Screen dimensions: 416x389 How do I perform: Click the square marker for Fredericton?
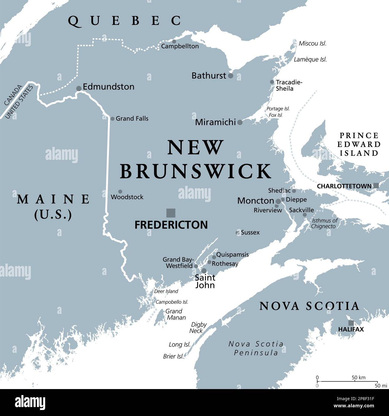pos(171,213)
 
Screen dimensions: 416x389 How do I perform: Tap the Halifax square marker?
pos(351,323)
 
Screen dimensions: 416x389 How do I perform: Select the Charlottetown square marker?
pos(376,186)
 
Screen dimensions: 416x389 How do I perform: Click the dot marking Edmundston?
pos(79,88)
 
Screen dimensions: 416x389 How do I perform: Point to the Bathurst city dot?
pos(230,76)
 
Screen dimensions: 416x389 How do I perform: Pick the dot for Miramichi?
pos(240,122)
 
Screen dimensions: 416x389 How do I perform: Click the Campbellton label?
pos(180,46)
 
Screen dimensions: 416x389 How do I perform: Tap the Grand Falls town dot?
pos(113,119)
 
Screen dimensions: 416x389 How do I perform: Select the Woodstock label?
pos(127,197)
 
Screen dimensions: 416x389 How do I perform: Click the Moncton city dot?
pos(278,201)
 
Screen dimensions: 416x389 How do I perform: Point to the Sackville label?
pos(301,210)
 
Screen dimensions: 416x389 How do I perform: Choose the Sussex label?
pos(250,232)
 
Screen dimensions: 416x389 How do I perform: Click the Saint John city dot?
pos(204,271)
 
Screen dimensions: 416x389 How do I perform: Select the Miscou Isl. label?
pos(312,43)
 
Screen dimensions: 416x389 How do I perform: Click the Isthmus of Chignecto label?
pos(324,223)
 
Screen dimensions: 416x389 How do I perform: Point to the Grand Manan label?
pos(176,314)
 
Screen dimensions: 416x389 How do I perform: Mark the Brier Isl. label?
pos(173,356)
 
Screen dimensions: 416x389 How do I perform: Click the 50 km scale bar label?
pos(358,377)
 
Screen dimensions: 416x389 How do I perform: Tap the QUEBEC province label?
pos(124,21)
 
